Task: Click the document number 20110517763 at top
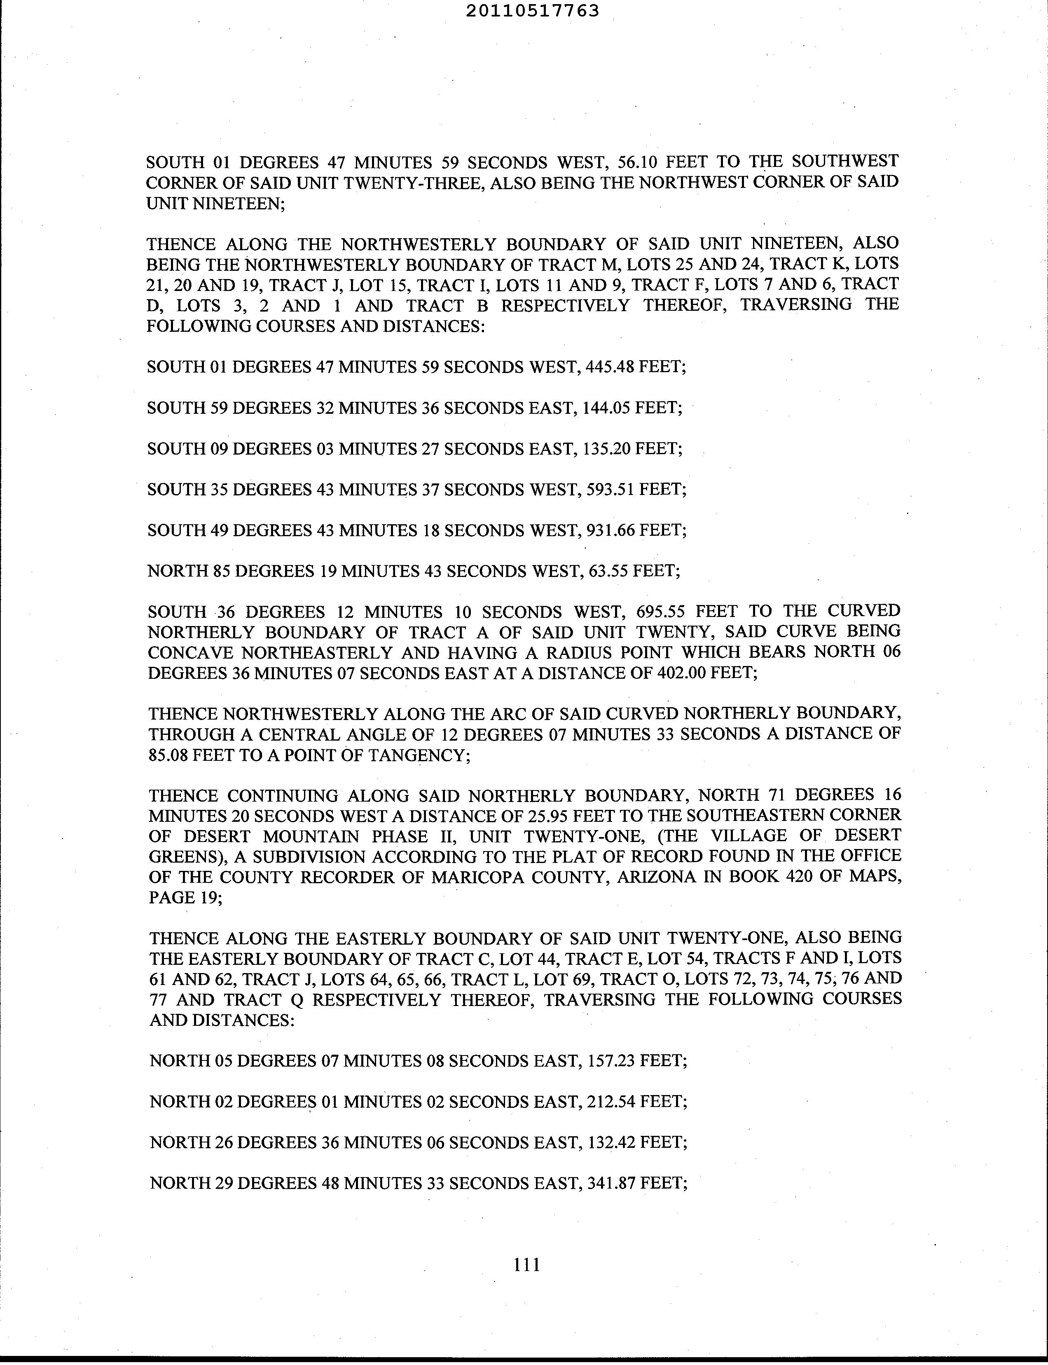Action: (x=532, y=11)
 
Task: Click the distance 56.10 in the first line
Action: (x=637, y=162)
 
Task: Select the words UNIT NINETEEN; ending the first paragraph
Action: (x=215, y=204)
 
